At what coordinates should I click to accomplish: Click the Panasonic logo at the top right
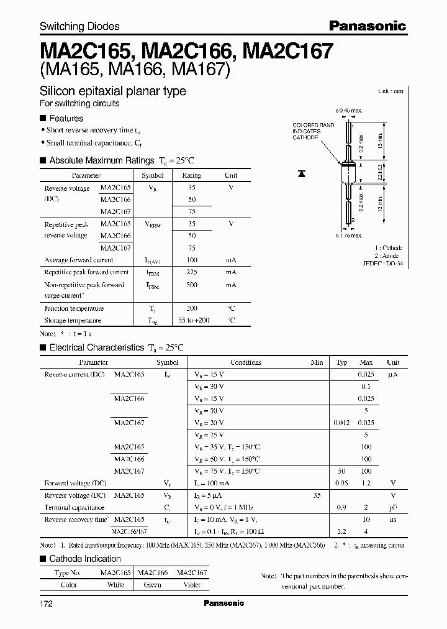point(367,25)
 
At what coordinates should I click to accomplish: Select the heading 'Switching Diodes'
point(79,26)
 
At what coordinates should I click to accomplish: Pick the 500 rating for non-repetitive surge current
point(191,285)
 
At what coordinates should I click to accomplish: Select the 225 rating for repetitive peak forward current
point(191,272)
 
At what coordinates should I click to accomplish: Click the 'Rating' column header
point(191,176)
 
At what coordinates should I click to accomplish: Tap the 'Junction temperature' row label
point(74,308)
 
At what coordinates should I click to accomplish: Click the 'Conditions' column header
point(246,362)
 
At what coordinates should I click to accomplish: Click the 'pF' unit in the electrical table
point(392,507)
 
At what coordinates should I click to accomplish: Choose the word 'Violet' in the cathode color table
point(192,585)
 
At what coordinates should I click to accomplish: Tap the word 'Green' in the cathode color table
point(152,585)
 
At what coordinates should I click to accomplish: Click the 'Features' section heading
point(66,118)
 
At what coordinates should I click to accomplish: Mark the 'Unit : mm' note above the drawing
point(391,91)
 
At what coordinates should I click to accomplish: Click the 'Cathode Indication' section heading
point(85,559)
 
